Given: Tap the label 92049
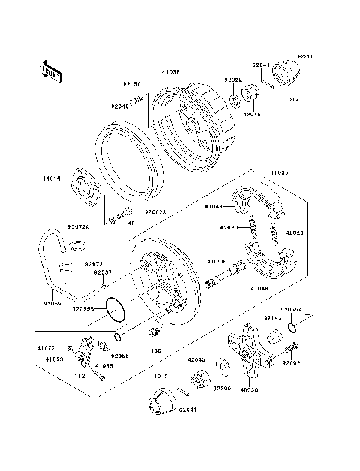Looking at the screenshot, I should [x=121, y=107].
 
